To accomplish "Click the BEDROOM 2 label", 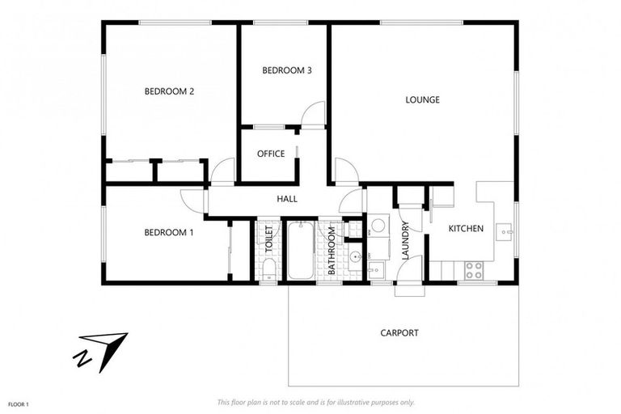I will click(169, 91).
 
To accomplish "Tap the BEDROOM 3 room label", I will click(287, 70).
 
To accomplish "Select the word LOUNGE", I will click(422, 100).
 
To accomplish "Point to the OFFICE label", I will click(271, 154).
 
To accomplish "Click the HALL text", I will click(287, 198).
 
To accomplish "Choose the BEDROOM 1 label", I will click(169, 233).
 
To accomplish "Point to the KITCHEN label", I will click(466, 229).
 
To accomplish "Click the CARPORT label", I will click(399, 332).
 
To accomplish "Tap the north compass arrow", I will click(103, 349).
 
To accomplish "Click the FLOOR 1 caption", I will click(19, 403).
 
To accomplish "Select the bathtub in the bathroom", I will click(301, 251).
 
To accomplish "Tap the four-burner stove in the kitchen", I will click(474, 270).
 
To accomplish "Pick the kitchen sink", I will click(506, 232).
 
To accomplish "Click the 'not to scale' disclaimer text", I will click(315, 402).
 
